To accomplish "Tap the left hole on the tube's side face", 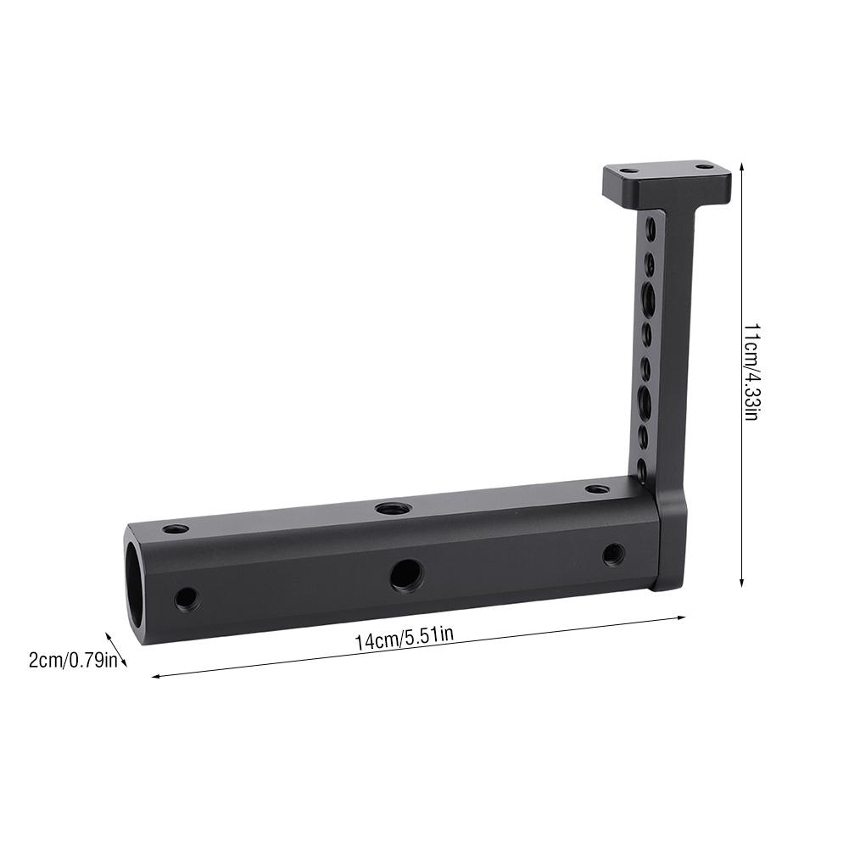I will [x=186, y=599].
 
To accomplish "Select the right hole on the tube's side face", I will [x=613, y=555].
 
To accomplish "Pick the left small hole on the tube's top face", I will [x=176, y=528].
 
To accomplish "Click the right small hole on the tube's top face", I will [x=597, y=489].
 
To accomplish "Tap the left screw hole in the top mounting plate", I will [x=628, y=170].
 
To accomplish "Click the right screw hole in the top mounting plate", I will [x=704, y=167].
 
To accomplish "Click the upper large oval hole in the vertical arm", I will [x=649, y=297].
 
